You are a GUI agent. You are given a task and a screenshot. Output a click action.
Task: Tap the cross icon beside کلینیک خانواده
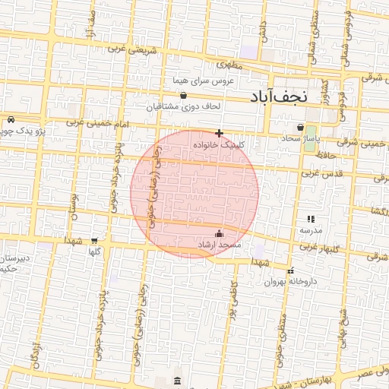[x=220, y=133]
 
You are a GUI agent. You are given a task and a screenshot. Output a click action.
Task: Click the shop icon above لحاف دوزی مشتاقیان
[x=183, y=96]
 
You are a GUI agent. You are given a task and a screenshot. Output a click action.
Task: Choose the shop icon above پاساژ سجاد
[x=302, y=128]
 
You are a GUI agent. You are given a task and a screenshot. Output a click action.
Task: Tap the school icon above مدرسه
[x=310, y=219]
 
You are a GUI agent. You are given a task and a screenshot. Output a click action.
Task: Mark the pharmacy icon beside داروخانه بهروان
[x=290, y=270]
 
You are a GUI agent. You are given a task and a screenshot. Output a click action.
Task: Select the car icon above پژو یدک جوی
[x=11, y=120]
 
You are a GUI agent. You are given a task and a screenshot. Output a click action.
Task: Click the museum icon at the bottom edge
[x=177, y=380]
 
